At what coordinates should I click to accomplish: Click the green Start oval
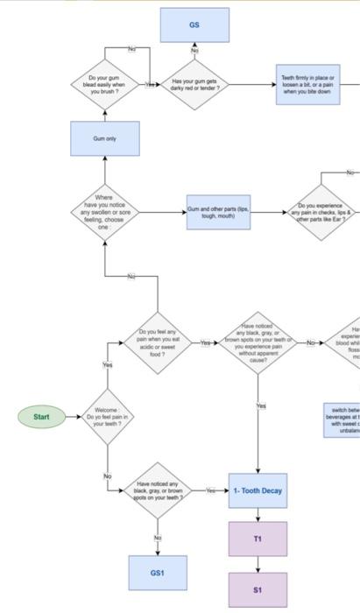[x=41, y=417]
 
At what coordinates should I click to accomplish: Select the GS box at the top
[x=194, y=25]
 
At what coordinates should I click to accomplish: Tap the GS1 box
[x=158, y=573]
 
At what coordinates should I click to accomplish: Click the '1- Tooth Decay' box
[x=258, y=491]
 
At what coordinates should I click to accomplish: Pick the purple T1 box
[x=258, y=539]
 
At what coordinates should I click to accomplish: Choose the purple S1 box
[x=258, y=590]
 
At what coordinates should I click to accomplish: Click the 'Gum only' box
[x=105, y=139]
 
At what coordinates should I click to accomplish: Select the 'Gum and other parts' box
[x=218, y=212]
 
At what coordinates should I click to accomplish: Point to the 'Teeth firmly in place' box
[x=307, y=85]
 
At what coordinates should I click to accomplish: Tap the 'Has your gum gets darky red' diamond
[x=194, y=84]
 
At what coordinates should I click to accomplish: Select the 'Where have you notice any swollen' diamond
[x=105, y=212]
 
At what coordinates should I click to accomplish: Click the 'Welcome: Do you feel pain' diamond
[x=106, y=417]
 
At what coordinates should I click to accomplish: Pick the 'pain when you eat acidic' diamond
[x=158, y=342]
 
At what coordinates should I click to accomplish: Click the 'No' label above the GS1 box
[x=158, y=537]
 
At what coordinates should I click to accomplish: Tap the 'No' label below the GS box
[x=194, y=51]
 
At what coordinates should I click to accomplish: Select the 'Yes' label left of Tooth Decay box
[x=211, y=491]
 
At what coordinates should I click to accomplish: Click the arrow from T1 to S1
[x=258, y=564]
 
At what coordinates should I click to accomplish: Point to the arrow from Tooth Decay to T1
[x=258, y=515]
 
